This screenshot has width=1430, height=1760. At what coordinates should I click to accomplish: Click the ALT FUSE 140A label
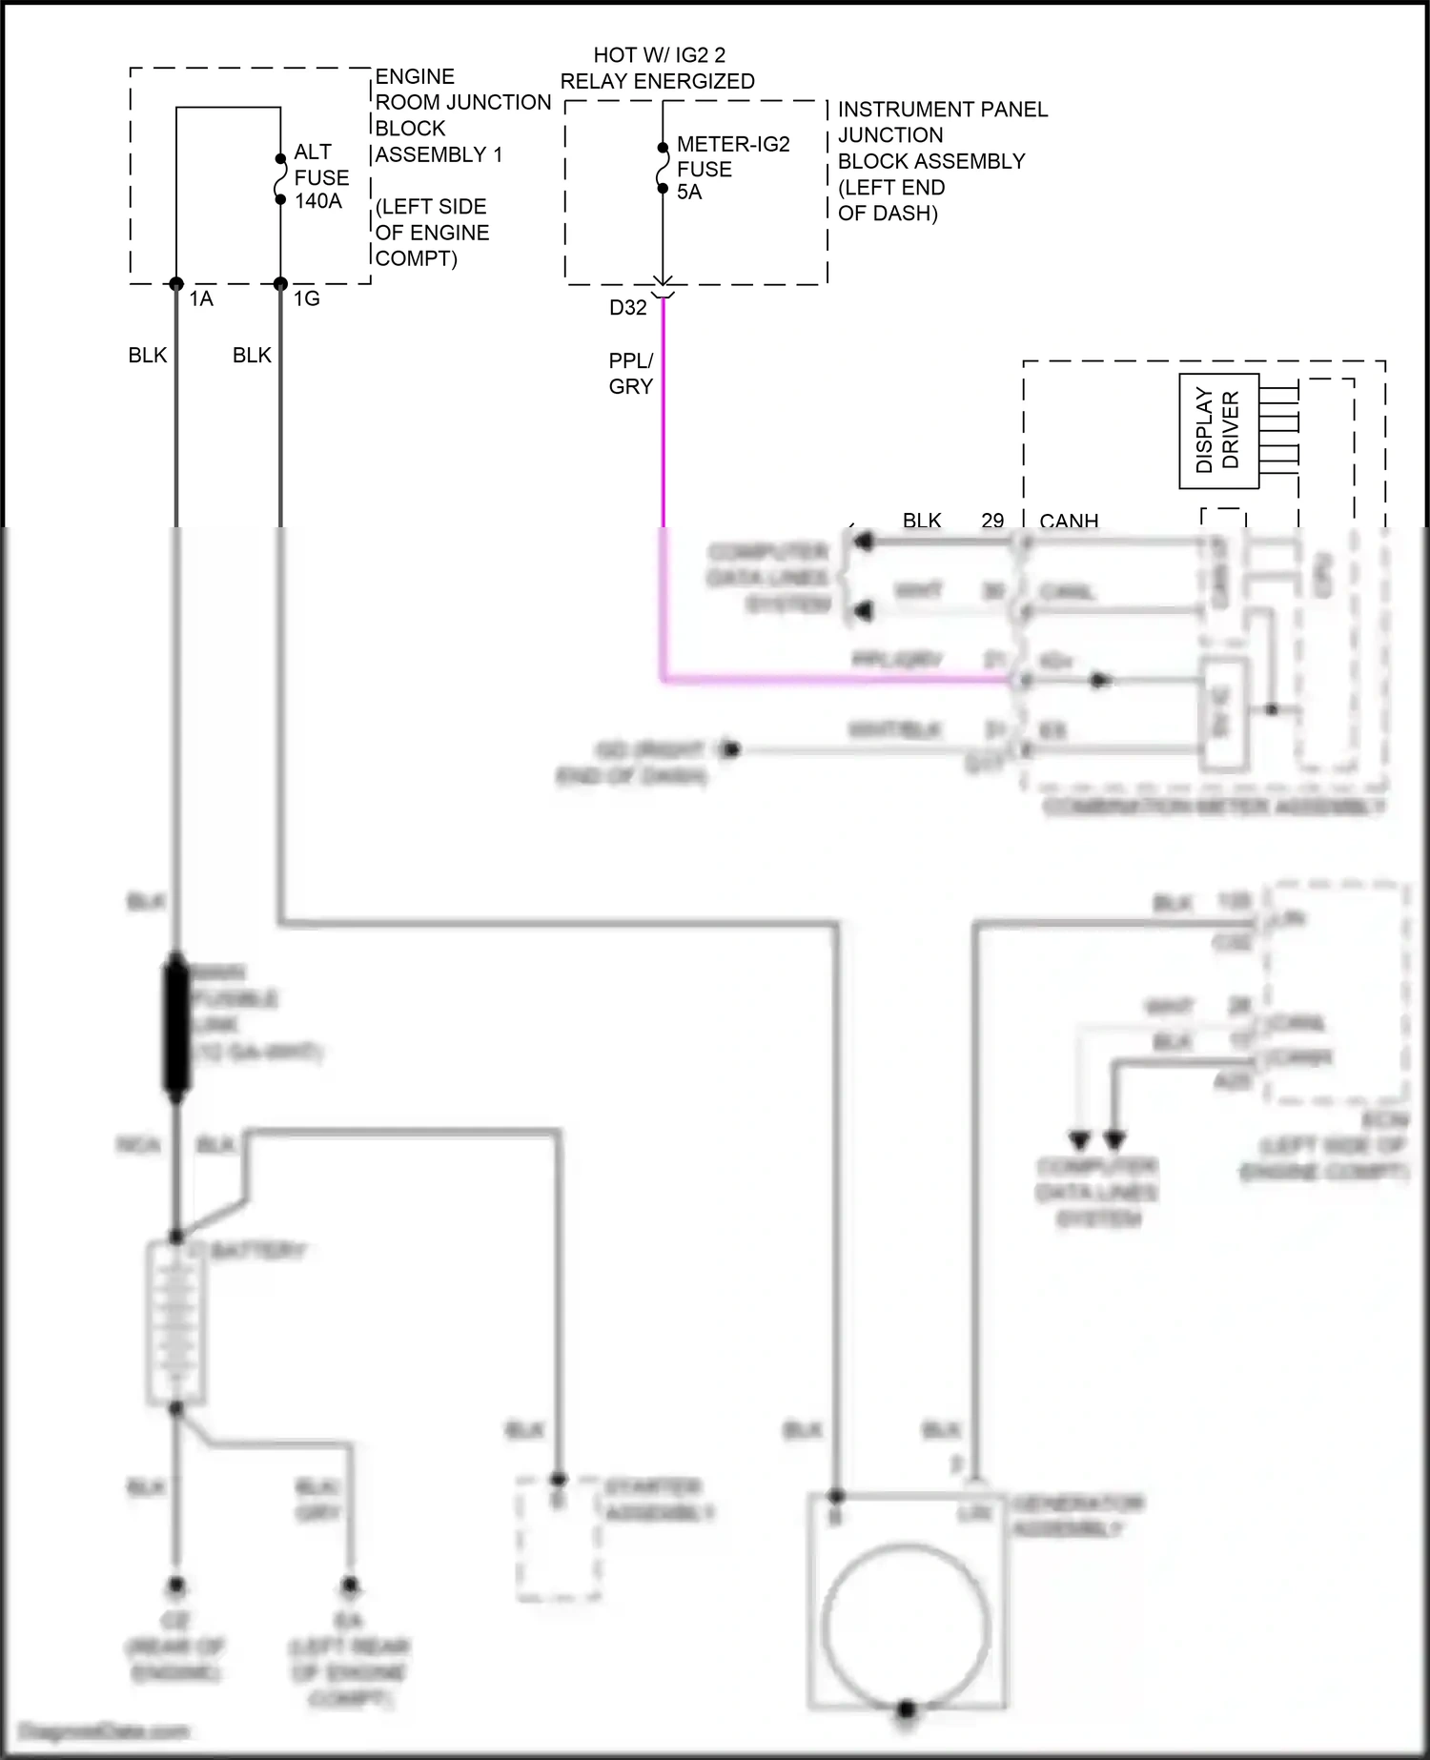[320, 176]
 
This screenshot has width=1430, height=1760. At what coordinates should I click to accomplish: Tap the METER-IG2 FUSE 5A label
[731, 169]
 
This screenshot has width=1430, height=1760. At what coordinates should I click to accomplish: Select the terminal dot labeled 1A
[176, 284]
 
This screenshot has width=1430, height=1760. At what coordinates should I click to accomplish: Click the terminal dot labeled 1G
[280, 284]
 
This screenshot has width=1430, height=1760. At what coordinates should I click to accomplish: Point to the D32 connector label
[628, 307]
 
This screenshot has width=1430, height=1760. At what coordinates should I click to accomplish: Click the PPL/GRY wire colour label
[631, 374]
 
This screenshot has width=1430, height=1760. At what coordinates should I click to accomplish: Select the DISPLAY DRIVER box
[1218, 431]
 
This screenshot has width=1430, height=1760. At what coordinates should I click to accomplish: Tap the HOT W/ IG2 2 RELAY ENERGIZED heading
[658, 69]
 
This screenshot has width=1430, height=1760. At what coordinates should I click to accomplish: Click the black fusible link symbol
[176, 1026]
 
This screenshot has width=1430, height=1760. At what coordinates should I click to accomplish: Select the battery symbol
[176, 1321]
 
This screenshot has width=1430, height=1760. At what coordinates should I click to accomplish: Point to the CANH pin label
[1069, 522]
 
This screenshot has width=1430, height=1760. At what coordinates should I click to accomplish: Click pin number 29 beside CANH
[992, 521]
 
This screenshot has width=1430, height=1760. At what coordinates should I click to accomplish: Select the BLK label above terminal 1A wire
[148, 356]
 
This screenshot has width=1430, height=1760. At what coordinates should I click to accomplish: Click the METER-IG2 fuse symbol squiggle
[663, 169]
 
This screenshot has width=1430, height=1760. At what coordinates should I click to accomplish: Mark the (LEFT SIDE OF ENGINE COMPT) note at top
[432, 233]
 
